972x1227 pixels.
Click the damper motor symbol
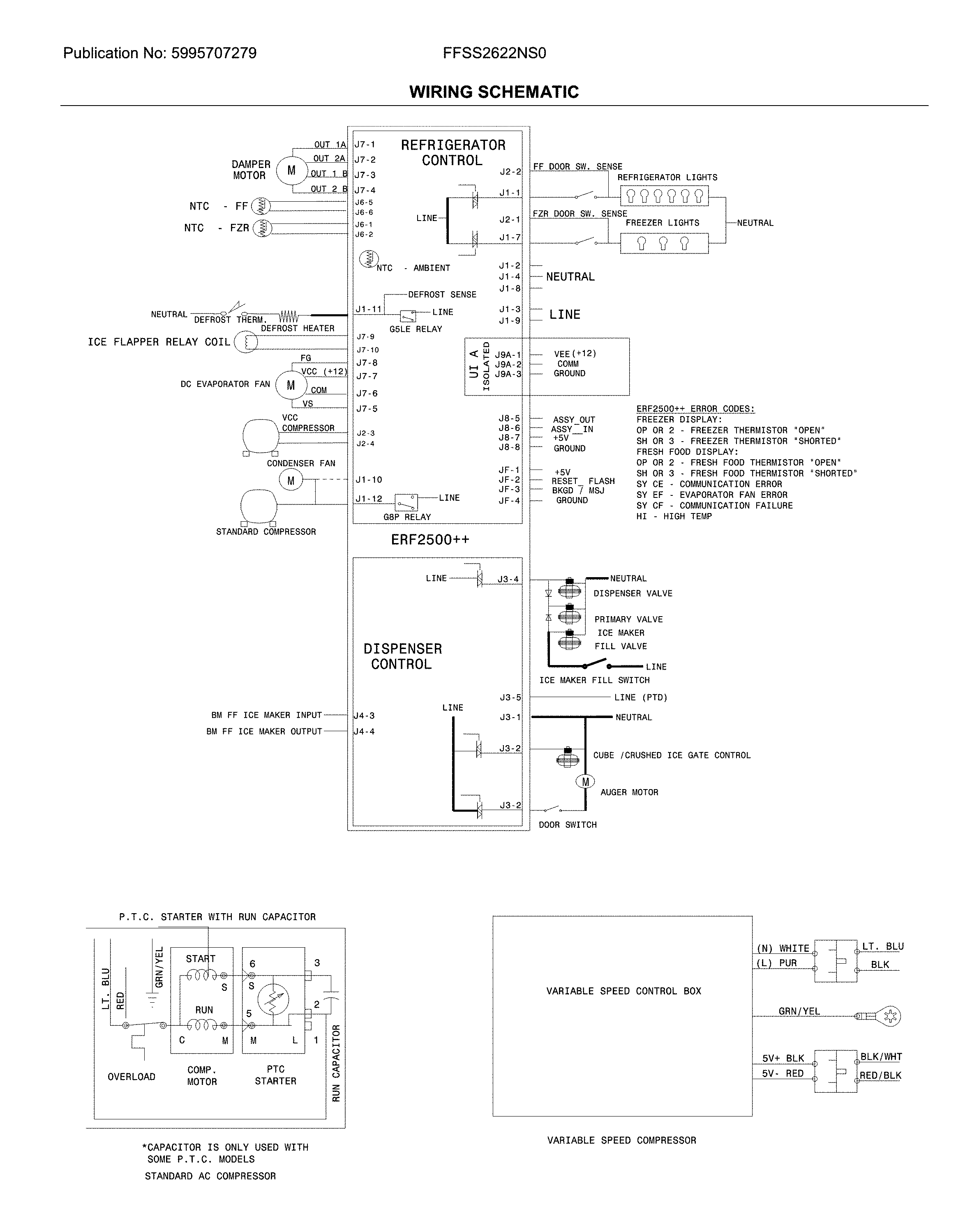click(291, 170)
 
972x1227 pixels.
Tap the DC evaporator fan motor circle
click(291, 386)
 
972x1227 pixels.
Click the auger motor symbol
click(585, 782)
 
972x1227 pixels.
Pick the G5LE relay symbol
click(408, 316)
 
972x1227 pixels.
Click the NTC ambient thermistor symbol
click(369, 259)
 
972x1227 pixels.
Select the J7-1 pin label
click(365, 145)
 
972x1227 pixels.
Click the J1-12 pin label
click(369, 499)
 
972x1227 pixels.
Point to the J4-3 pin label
click(364, 716)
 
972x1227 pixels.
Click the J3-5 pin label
click(510, 698)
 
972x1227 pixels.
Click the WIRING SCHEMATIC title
click(494, 92)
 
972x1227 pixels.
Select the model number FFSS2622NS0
click(494, 53)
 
